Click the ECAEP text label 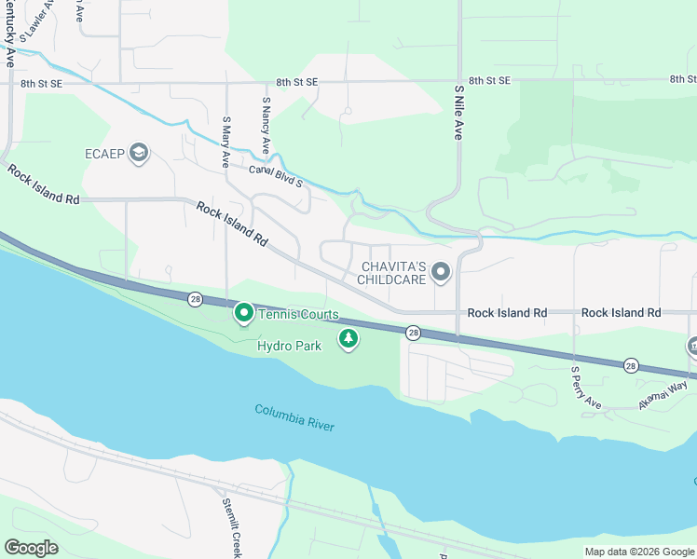[105, 154]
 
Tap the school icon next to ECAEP [139, 153]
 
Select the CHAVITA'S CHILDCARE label [392, 273]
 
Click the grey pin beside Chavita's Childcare [441, 273]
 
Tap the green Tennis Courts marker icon [244, 313]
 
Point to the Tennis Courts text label [298, 315]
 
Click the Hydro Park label [289, 346]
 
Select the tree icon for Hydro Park [348, 338]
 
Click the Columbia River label [294, 416]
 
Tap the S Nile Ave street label [459, 113]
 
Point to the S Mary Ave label [225, 142]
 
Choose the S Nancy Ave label [266, 126]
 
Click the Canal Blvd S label [275, 176]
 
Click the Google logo [31, 548]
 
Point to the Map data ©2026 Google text [638, 552]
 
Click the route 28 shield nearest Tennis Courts [194, 299]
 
